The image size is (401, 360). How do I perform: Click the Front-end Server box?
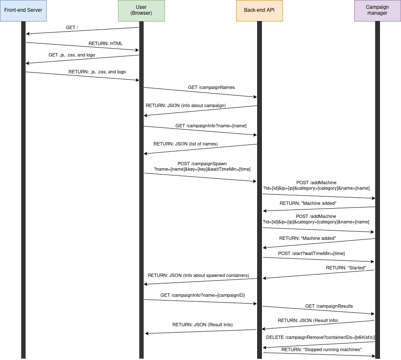(x=23, y=11)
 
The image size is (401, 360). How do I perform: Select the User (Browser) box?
(x=141, y=11)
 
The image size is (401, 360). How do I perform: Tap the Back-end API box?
(x=259, y=11)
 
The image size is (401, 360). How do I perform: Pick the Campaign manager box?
(x=377, y=11)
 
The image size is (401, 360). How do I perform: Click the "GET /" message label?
(x=72, y=27)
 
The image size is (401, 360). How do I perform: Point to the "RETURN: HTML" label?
(x=105, y=43)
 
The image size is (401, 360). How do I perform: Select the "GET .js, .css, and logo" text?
(x=72, y=55)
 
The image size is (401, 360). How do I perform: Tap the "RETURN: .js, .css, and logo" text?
(x=97, y=72)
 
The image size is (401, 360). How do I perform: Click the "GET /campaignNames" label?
(x=211, y=87)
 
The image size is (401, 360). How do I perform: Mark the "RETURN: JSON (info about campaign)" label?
(x=186, y=105)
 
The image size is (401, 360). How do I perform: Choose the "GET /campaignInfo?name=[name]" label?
(x=211, y=126)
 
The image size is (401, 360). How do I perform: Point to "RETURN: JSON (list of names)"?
(x=186, y=144)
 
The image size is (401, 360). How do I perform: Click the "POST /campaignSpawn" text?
(x=202, y=164)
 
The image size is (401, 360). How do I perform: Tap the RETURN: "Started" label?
(x=346, y=268)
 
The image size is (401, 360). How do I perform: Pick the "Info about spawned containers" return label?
(x=198, y=275)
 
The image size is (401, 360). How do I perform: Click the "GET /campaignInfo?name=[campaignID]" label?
(x=202, y=295)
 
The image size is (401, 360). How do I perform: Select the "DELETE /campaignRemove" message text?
(x=320, y=337)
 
